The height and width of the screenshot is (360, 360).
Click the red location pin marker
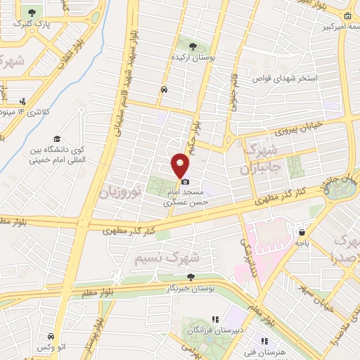pyautogui.click(x=181, y=165)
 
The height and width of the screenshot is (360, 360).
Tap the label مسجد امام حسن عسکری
pyautogui.click(x=187, y=196)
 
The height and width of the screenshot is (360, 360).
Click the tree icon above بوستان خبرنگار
pyautogui.click(x=190, y=278)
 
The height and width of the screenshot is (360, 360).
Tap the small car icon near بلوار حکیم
pyautogui.click(x=163, y=90)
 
